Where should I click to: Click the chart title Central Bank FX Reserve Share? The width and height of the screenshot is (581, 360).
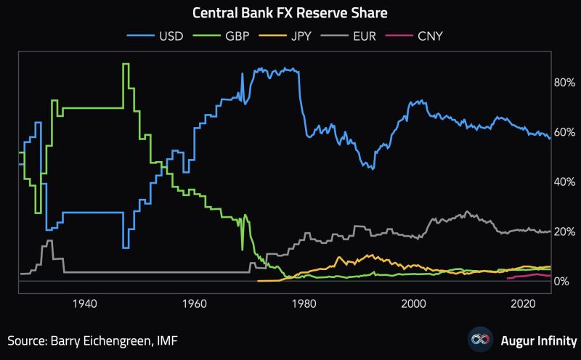click(290, 13)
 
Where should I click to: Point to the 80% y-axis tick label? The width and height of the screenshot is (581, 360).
click(565, 83)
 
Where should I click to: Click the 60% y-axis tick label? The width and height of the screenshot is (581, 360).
click(565, 132)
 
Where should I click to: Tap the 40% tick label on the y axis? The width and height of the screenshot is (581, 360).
click(565, 182)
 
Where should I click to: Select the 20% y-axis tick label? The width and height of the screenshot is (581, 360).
click(565, 232)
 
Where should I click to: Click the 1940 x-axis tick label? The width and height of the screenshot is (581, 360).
click(85, 303)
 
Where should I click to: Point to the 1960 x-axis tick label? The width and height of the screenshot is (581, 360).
click(194, 303)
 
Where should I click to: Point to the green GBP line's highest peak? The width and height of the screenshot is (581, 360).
click(126, 65)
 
